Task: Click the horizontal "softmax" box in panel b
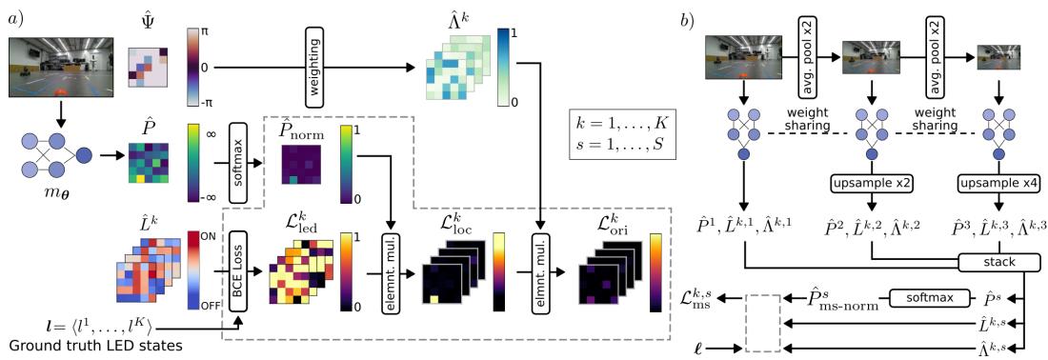[922, 297]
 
